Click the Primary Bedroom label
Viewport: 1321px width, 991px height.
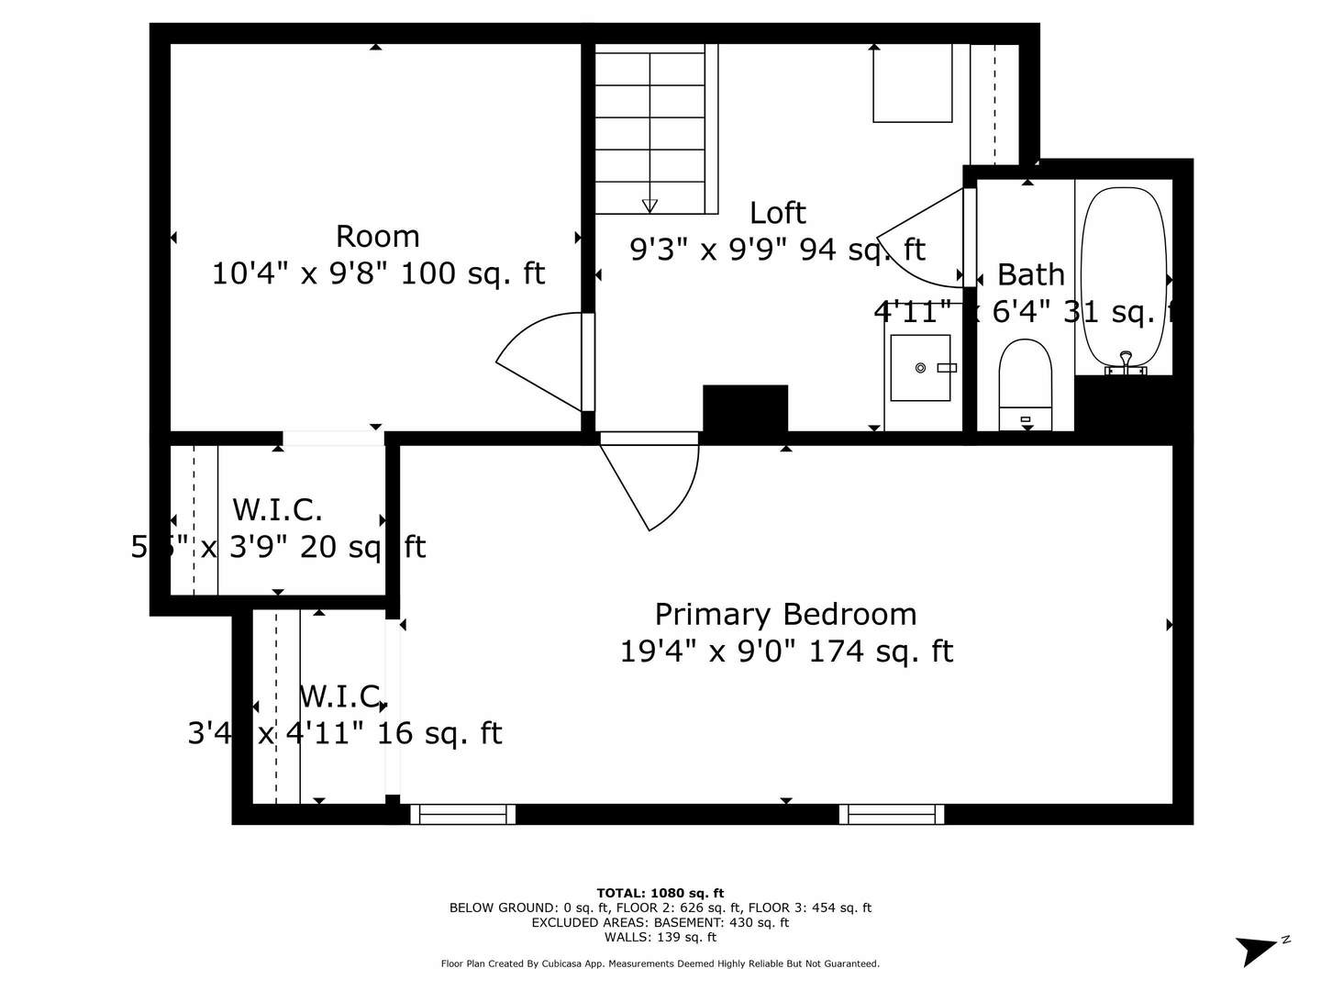pos(785,614)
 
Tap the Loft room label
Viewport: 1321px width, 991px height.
pos(777,213)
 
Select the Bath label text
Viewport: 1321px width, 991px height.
pos(1030,274)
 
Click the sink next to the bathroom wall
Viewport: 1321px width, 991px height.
pos(920,368)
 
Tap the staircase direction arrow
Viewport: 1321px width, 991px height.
pos(649,206)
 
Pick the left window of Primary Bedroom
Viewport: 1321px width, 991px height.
pos(463,814)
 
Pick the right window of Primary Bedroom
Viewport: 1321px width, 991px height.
pos(892,814)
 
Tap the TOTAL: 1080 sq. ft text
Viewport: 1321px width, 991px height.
pos(660,893)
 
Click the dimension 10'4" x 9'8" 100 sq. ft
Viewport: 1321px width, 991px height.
pos(378,273)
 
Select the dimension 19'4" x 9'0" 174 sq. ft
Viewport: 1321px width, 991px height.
pos(786,651)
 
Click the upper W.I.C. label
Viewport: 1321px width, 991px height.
pos(277,509)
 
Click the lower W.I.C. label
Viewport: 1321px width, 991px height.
pos(342,697)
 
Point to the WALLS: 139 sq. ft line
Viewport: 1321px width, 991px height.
pos(660,937)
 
